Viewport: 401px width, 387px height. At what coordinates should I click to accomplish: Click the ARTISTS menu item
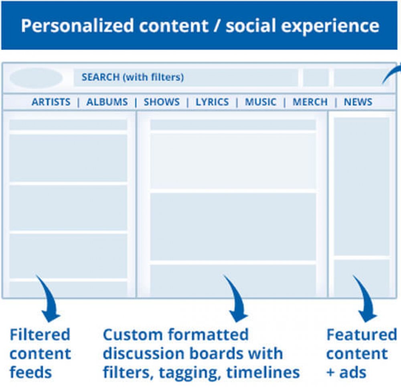[51, 102]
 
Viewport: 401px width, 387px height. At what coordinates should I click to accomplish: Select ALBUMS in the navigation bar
[107, 102]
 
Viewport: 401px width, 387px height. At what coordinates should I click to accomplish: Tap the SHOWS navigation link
[162, 102]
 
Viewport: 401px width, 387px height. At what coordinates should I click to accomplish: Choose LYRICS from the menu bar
[212, 102]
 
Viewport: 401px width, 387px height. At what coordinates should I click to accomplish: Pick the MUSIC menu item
[261, 102]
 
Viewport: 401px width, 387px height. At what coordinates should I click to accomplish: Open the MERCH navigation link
[310, 102]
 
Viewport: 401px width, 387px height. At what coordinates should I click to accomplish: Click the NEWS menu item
[358, 102]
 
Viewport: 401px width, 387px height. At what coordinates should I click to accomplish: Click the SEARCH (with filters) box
[186, 77]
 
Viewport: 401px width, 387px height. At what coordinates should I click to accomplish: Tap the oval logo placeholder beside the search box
[36, 78]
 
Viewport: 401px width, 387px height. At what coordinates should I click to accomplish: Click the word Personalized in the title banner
[77, 26]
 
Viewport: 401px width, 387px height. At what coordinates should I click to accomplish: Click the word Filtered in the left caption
[40, 334]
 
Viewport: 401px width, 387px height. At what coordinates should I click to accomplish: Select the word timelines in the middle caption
[263, 373]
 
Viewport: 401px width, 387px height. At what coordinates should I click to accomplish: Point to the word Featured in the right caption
[362, 334]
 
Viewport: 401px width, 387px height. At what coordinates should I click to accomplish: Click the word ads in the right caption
[352, 373]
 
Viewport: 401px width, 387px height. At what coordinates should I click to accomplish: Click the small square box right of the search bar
[316, 77]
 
